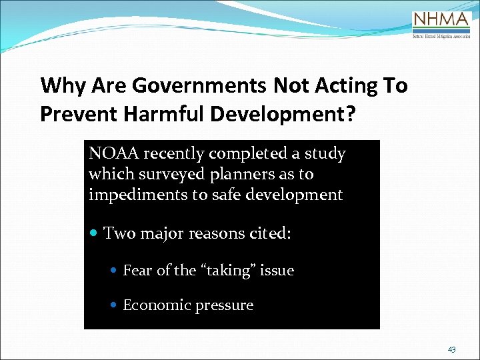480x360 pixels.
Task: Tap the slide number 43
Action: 452,349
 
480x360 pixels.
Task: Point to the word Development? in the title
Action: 283,114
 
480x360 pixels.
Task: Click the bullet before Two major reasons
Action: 95,234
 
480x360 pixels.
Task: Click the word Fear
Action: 137,271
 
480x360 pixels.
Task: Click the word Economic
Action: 155,305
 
